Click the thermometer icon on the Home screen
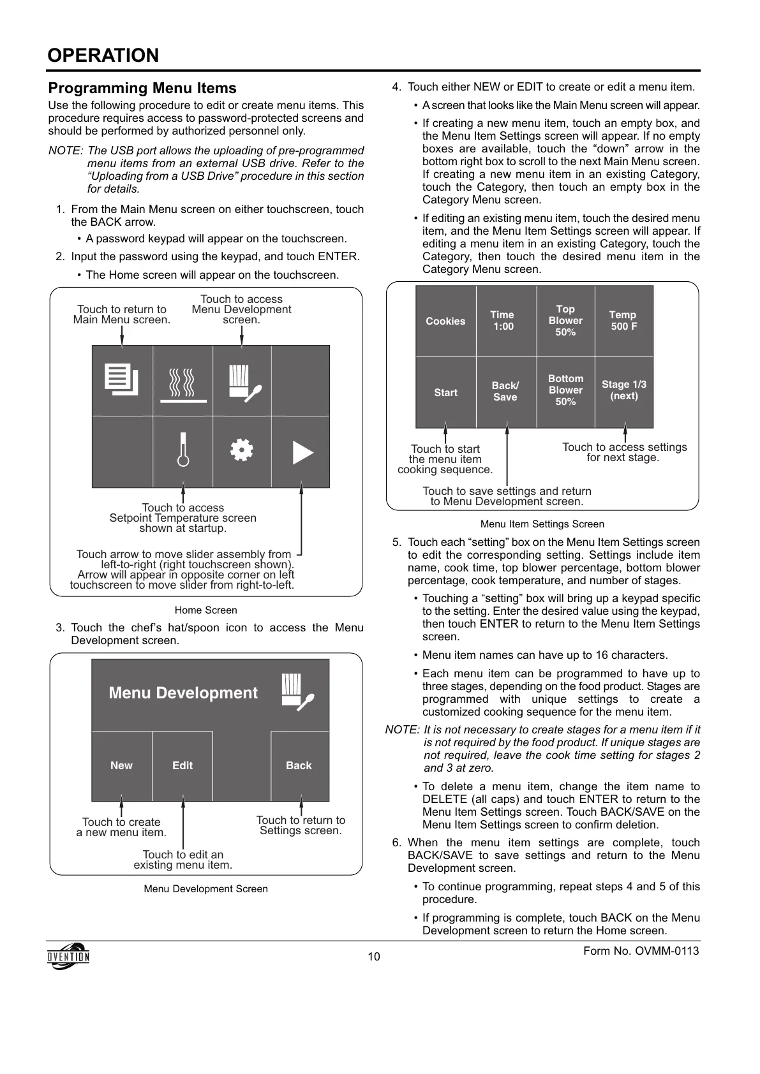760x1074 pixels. (183, 451)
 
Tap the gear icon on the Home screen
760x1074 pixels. (242, 450)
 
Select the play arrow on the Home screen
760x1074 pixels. (302, 452)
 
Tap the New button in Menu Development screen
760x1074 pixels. (121, 765)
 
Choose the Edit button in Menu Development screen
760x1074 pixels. (183, 765)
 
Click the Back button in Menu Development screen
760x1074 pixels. (299, 765)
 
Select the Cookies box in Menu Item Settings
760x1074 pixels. (445, 321)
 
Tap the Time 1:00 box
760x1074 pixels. (503, 320)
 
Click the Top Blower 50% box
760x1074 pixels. (565, 320)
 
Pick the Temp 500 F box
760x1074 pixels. (623, 320)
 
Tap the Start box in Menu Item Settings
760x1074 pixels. (445, 392)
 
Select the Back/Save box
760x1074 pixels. (505, 391)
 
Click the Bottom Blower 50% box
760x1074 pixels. (565, 390)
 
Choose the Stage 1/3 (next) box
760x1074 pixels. (624, 390)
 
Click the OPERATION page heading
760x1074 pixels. (103, 55)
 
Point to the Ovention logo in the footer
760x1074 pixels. (68, 956)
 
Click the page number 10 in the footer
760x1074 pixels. (374, 957)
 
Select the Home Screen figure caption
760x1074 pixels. (205, 610)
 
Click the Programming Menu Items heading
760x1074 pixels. (142, 88)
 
